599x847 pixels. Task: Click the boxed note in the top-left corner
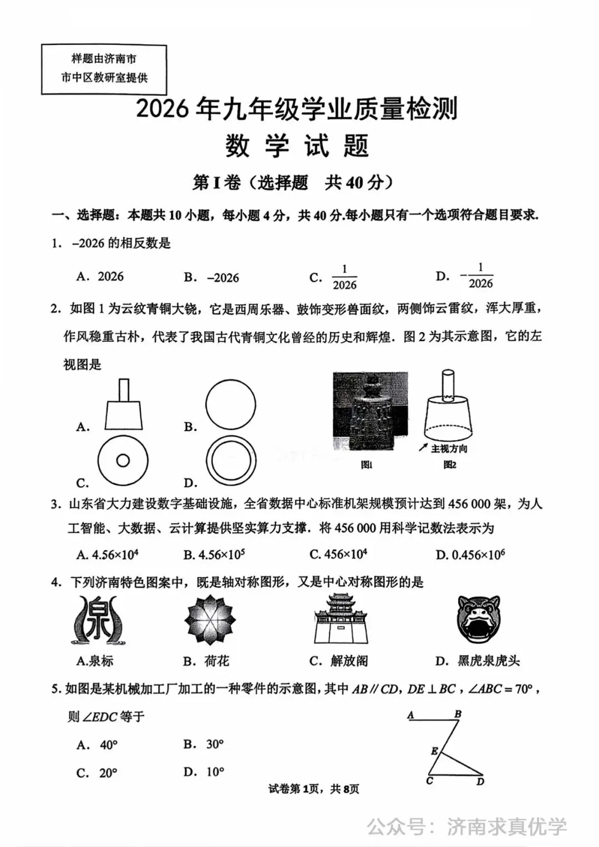point(104,69)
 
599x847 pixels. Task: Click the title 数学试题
point(297,146)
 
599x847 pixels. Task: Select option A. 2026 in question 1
point(100,277)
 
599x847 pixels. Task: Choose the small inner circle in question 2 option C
point(123,460)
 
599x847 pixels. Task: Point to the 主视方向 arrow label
point(444,448)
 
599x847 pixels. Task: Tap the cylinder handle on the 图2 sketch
point(448,384)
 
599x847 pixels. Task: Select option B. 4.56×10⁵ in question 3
point(214,555)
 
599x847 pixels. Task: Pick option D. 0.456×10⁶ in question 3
point(470,555)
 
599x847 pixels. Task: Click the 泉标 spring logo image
point(101,620)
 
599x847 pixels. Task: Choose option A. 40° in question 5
point(98,745)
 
